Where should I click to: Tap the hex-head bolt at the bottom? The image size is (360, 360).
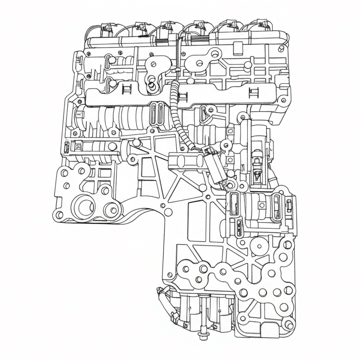[203, 335]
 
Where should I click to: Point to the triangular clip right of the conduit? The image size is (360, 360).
[204, 112]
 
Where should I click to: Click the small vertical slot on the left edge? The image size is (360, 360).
[67, 148]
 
